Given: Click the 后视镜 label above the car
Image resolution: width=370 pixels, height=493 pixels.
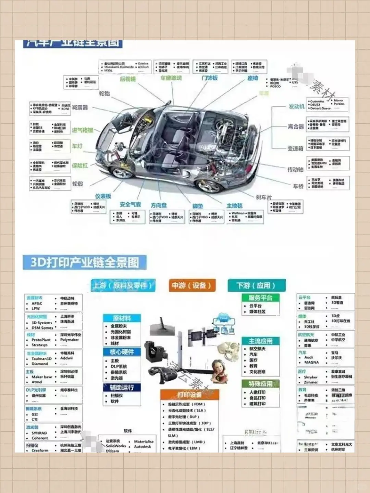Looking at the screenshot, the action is click(x=128, y=79).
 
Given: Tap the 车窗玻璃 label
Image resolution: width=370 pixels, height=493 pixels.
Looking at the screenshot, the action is click(x=171, y=78).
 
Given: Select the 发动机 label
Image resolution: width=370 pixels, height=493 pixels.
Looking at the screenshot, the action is click(x=296, y=106).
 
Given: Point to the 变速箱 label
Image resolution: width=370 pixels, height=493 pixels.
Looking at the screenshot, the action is click(x=295, y=148).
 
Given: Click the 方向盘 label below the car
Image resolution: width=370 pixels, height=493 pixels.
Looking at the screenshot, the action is click(x=159, y=205).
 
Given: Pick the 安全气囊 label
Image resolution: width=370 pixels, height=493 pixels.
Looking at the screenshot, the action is click(x=130, y=204).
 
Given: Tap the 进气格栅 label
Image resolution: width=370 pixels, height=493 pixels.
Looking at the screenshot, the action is click(x=83, y=130).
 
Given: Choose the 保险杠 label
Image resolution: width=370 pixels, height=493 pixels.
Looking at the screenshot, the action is click(x=80, y=166).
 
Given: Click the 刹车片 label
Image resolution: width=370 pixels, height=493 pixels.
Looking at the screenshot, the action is click(x=264, y=197).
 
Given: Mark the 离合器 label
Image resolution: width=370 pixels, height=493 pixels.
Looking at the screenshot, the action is click(x=296, y=127).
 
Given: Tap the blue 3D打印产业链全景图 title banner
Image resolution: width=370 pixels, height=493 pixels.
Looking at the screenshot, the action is click(x=85, y=263).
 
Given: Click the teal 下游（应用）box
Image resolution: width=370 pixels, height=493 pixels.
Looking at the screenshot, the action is click(x=256, y=286).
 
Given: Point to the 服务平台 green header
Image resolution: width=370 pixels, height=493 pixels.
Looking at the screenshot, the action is click(x=260, y=298).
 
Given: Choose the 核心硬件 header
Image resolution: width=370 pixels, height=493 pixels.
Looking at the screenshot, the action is click(x=122, y=352).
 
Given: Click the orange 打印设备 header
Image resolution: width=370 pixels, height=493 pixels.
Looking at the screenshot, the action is click(x=189, y=395).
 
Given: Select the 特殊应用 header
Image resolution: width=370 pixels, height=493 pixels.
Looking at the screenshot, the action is click(x=261, y=384).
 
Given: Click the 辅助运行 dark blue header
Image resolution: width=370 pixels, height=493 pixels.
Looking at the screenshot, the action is click(x=122, y=388).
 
